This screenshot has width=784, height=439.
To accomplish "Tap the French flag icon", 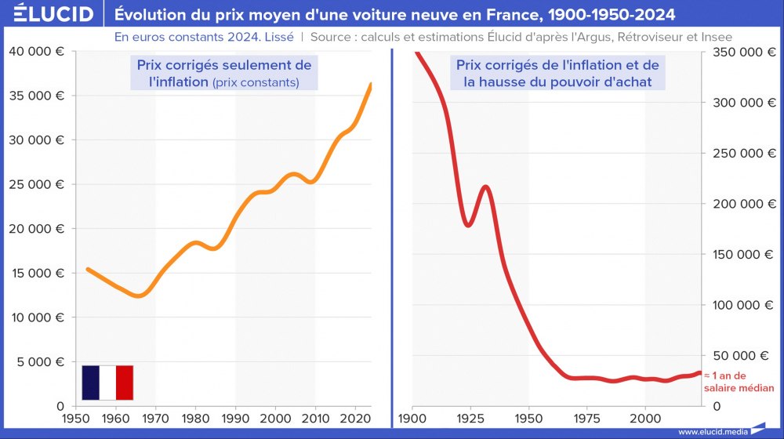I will point(107,383).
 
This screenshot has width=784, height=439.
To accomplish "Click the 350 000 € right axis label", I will point(741,52).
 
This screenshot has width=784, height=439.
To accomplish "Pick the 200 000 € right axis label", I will point(741,204).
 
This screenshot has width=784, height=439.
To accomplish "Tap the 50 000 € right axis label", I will point(744,355).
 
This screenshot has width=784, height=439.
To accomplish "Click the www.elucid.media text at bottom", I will point(713,431).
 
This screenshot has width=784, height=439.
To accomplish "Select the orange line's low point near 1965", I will point(138,296).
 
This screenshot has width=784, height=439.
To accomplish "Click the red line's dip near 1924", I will point(468,225).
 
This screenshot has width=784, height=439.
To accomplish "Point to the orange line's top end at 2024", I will point(371,84).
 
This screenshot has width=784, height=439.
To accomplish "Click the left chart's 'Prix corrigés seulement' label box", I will point(223,73).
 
